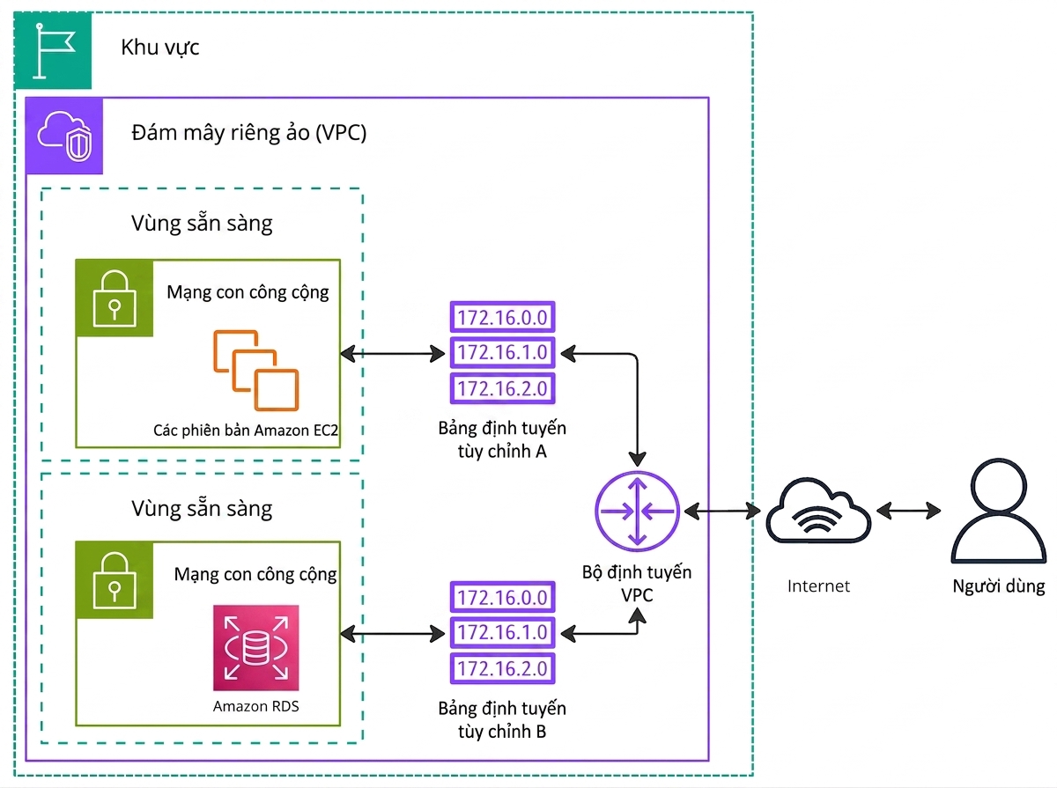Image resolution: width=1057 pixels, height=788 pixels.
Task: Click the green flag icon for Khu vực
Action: [x=53, y=50]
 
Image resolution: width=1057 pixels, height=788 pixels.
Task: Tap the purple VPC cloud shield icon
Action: [x=64, y=136]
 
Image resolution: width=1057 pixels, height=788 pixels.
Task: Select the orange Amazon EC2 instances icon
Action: [x=256, y=370]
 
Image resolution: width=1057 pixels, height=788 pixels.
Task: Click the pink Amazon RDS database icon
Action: [x=256, y=647]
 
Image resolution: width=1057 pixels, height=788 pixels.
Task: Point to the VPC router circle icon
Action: [x=637, y=512]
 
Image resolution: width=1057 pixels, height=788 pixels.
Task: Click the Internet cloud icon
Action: [x=818, y=512]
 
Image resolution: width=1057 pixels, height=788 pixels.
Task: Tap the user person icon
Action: [x=998, y=511]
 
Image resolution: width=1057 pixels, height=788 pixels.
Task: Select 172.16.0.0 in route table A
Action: [x=502, y=317]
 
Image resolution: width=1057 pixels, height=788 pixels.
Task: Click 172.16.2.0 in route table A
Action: [x=502, y=388]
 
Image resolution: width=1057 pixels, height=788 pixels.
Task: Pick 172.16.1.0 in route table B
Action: [x=502, y=632]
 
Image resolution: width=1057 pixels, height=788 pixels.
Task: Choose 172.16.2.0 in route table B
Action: [x=502, y=668]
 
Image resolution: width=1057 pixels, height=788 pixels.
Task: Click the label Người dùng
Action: [x=999, y=586]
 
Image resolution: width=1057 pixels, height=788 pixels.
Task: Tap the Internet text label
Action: [x=818, y=585]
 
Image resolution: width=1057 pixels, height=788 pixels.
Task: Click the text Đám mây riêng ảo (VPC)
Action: [x=249, y=133]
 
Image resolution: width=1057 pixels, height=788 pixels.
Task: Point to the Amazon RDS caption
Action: [x=256, y=706]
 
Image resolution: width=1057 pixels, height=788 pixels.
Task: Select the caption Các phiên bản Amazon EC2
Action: [x=246, y=430]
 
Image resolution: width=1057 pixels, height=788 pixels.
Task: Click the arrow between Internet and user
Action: [x=908, y=511]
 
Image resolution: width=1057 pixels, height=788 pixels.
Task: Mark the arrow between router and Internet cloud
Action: [x=722, y=512]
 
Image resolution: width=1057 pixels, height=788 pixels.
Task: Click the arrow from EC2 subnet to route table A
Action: [x=393, y=354]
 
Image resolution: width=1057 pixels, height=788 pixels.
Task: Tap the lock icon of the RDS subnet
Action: [x=115, y=580]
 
